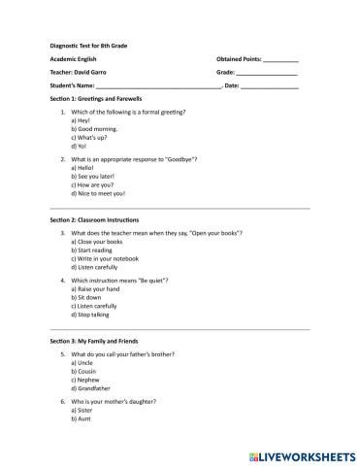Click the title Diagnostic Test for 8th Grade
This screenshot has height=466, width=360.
(94, 45)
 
